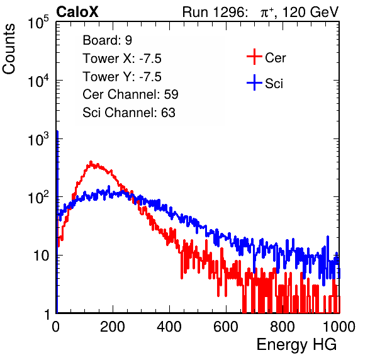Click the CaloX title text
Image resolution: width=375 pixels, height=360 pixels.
pos(77,12)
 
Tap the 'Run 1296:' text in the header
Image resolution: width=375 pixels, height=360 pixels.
pos(215,12)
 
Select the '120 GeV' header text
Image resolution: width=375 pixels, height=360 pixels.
pos(310,12)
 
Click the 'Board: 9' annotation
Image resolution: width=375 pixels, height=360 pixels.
pos(107,40)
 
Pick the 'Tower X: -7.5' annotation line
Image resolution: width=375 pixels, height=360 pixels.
pos(122,59)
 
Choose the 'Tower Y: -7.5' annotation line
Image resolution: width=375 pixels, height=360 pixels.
pos(122,77)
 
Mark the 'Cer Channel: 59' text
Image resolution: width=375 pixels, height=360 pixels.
pos(130,94)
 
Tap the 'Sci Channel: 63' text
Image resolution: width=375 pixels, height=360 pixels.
pos(129,113)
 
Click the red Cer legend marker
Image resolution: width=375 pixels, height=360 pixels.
pos(254,57)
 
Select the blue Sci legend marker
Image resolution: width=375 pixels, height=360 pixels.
pos(254,82)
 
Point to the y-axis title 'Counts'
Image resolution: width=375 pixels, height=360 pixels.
pos(9,48)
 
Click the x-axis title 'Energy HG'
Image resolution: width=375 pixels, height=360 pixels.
pos(296,344)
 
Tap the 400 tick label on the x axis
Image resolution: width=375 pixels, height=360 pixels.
pos(169,327)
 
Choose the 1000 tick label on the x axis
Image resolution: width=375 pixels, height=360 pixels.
pos(339,327)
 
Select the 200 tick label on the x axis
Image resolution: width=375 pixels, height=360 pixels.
pos(113,327)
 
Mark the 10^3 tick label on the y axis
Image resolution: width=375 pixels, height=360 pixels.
pos(38,139)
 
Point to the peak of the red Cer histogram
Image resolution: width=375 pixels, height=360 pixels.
pos(91,162)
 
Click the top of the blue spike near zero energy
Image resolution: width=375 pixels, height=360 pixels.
pos(57,132)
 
